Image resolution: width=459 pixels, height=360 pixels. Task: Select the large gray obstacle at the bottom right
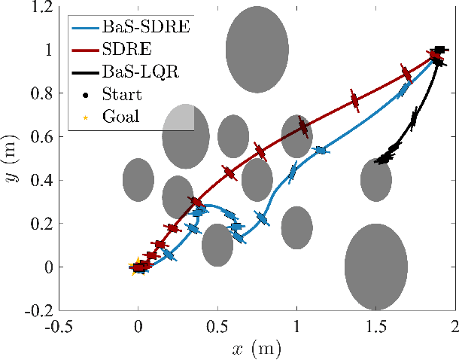(375, 267)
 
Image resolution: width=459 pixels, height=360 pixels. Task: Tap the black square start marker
(439, 50)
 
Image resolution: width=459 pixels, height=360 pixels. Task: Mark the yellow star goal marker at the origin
(136, 267)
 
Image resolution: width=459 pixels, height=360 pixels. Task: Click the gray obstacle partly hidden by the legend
(186, 137)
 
